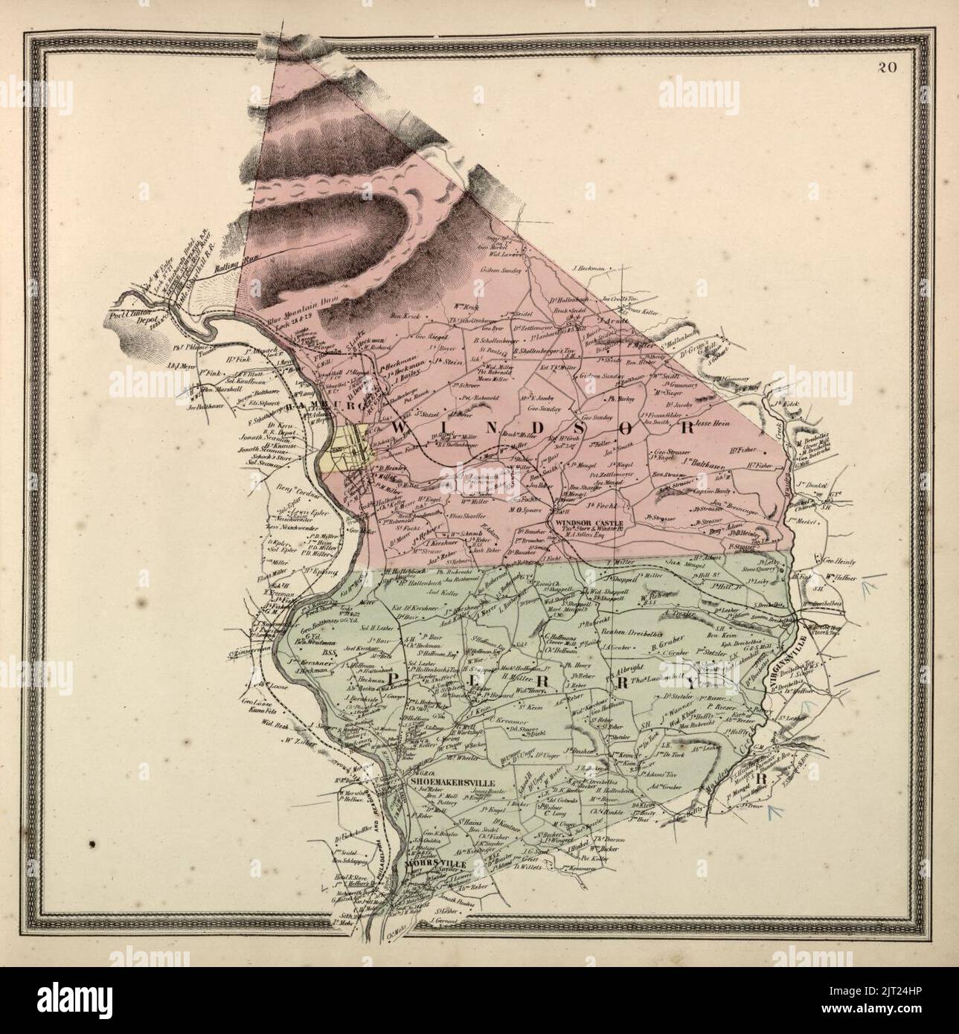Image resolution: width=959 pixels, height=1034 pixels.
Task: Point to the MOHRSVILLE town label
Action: (435, 865)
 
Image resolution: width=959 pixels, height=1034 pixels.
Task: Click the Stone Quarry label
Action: (762, 574)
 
